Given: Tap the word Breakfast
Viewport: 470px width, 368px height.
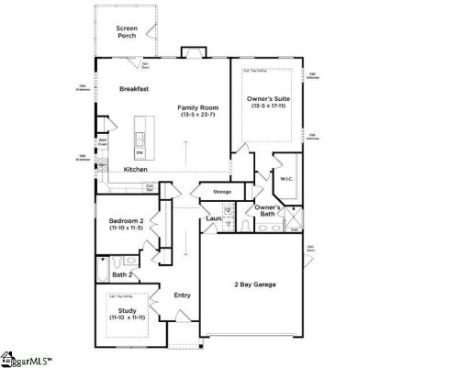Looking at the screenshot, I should point(134,89).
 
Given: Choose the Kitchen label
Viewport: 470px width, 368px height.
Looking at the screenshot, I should point(136,170).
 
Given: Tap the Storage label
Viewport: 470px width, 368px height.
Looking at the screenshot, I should point(221,192).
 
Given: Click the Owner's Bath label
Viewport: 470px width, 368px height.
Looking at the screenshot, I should point(268,212).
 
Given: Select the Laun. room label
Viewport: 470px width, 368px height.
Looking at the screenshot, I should point(213,218).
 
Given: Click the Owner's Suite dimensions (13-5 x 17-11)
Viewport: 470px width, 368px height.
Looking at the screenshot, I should point(267,106).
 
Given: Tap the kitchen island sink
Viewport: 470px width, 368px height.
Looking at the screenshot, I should point(140,139).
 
